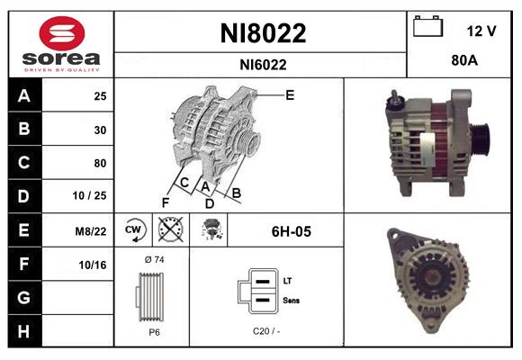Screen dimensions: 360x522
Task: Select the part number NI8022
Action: point(263,33)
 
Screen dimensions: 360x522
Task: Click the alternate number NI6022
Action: point(263,64)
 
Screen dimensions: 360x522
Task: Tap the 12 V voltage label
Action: point(481,31)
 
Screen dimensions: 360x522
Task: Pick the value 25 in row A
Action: point(100,95)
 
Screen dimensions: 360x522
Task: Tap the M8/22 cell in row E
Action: point(93,230)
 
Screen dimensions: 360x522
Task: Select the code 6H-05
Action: point(291,231)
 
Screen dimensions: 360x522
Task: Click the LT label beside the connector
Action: point(287,281)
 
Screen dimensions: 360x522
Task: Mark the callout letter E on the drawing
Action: point(290,94)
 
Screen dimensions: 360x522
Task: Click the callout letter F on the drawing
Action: point(166,202)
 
